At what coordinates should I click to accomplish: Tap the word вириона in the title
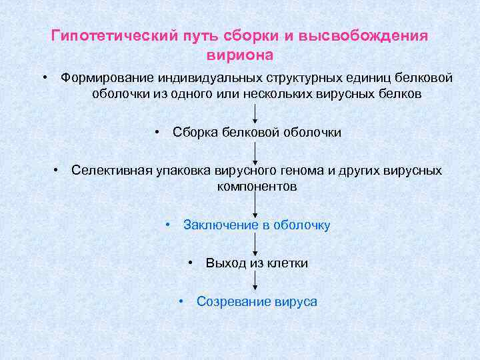pyautogui.click(x=240, y=53)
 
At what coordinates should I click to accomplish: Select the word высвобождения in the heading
pyautogui.click(x=375, y=35)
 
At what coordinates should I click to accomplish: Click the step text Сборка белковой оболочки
pyautogui.click(x=257, y=132)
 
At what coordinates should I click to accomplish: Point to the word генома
pyautogui.click(x=305, y=170)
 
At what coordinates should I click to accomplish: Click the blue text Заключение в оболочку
pyautogui.click(x=257, y=225)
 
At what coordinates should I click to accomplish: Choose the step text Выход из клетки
pyautogui.click(x=257, y=263)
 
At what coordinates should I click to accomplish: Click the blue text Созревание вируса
pyautogui.click(x=257, y=301)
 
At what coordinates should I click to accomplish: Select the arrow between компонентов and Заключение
pyautogui.click(x=256, y=205)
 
